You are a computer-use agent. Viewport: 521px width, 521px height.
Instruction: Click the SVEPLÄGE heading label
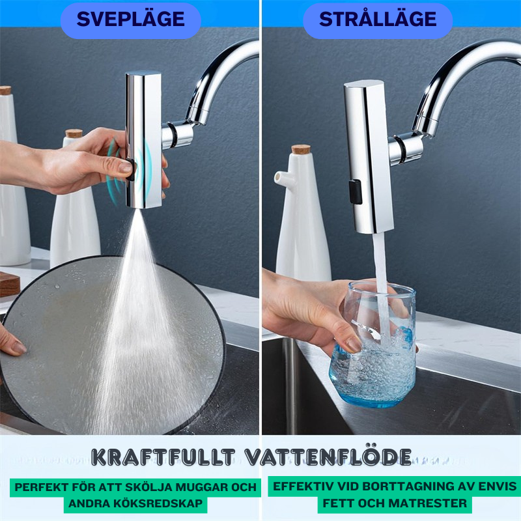tap(130, 20)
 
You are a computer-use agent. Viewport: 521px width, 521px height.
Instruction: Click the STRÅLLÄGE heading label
tap(378, 20)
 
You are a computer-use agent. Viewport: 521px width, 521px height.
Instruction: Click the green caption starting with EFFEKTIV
tap(395, 495)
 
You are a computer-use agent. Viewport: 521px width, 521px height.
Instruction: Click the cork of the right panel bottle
tap(301, 149)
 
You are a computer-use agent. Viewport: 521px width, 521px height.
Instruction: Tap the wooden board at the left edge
tap(8, 284)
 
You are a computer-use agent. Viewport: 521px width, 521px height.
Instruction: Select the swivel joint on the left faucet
tap(177, 134)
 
